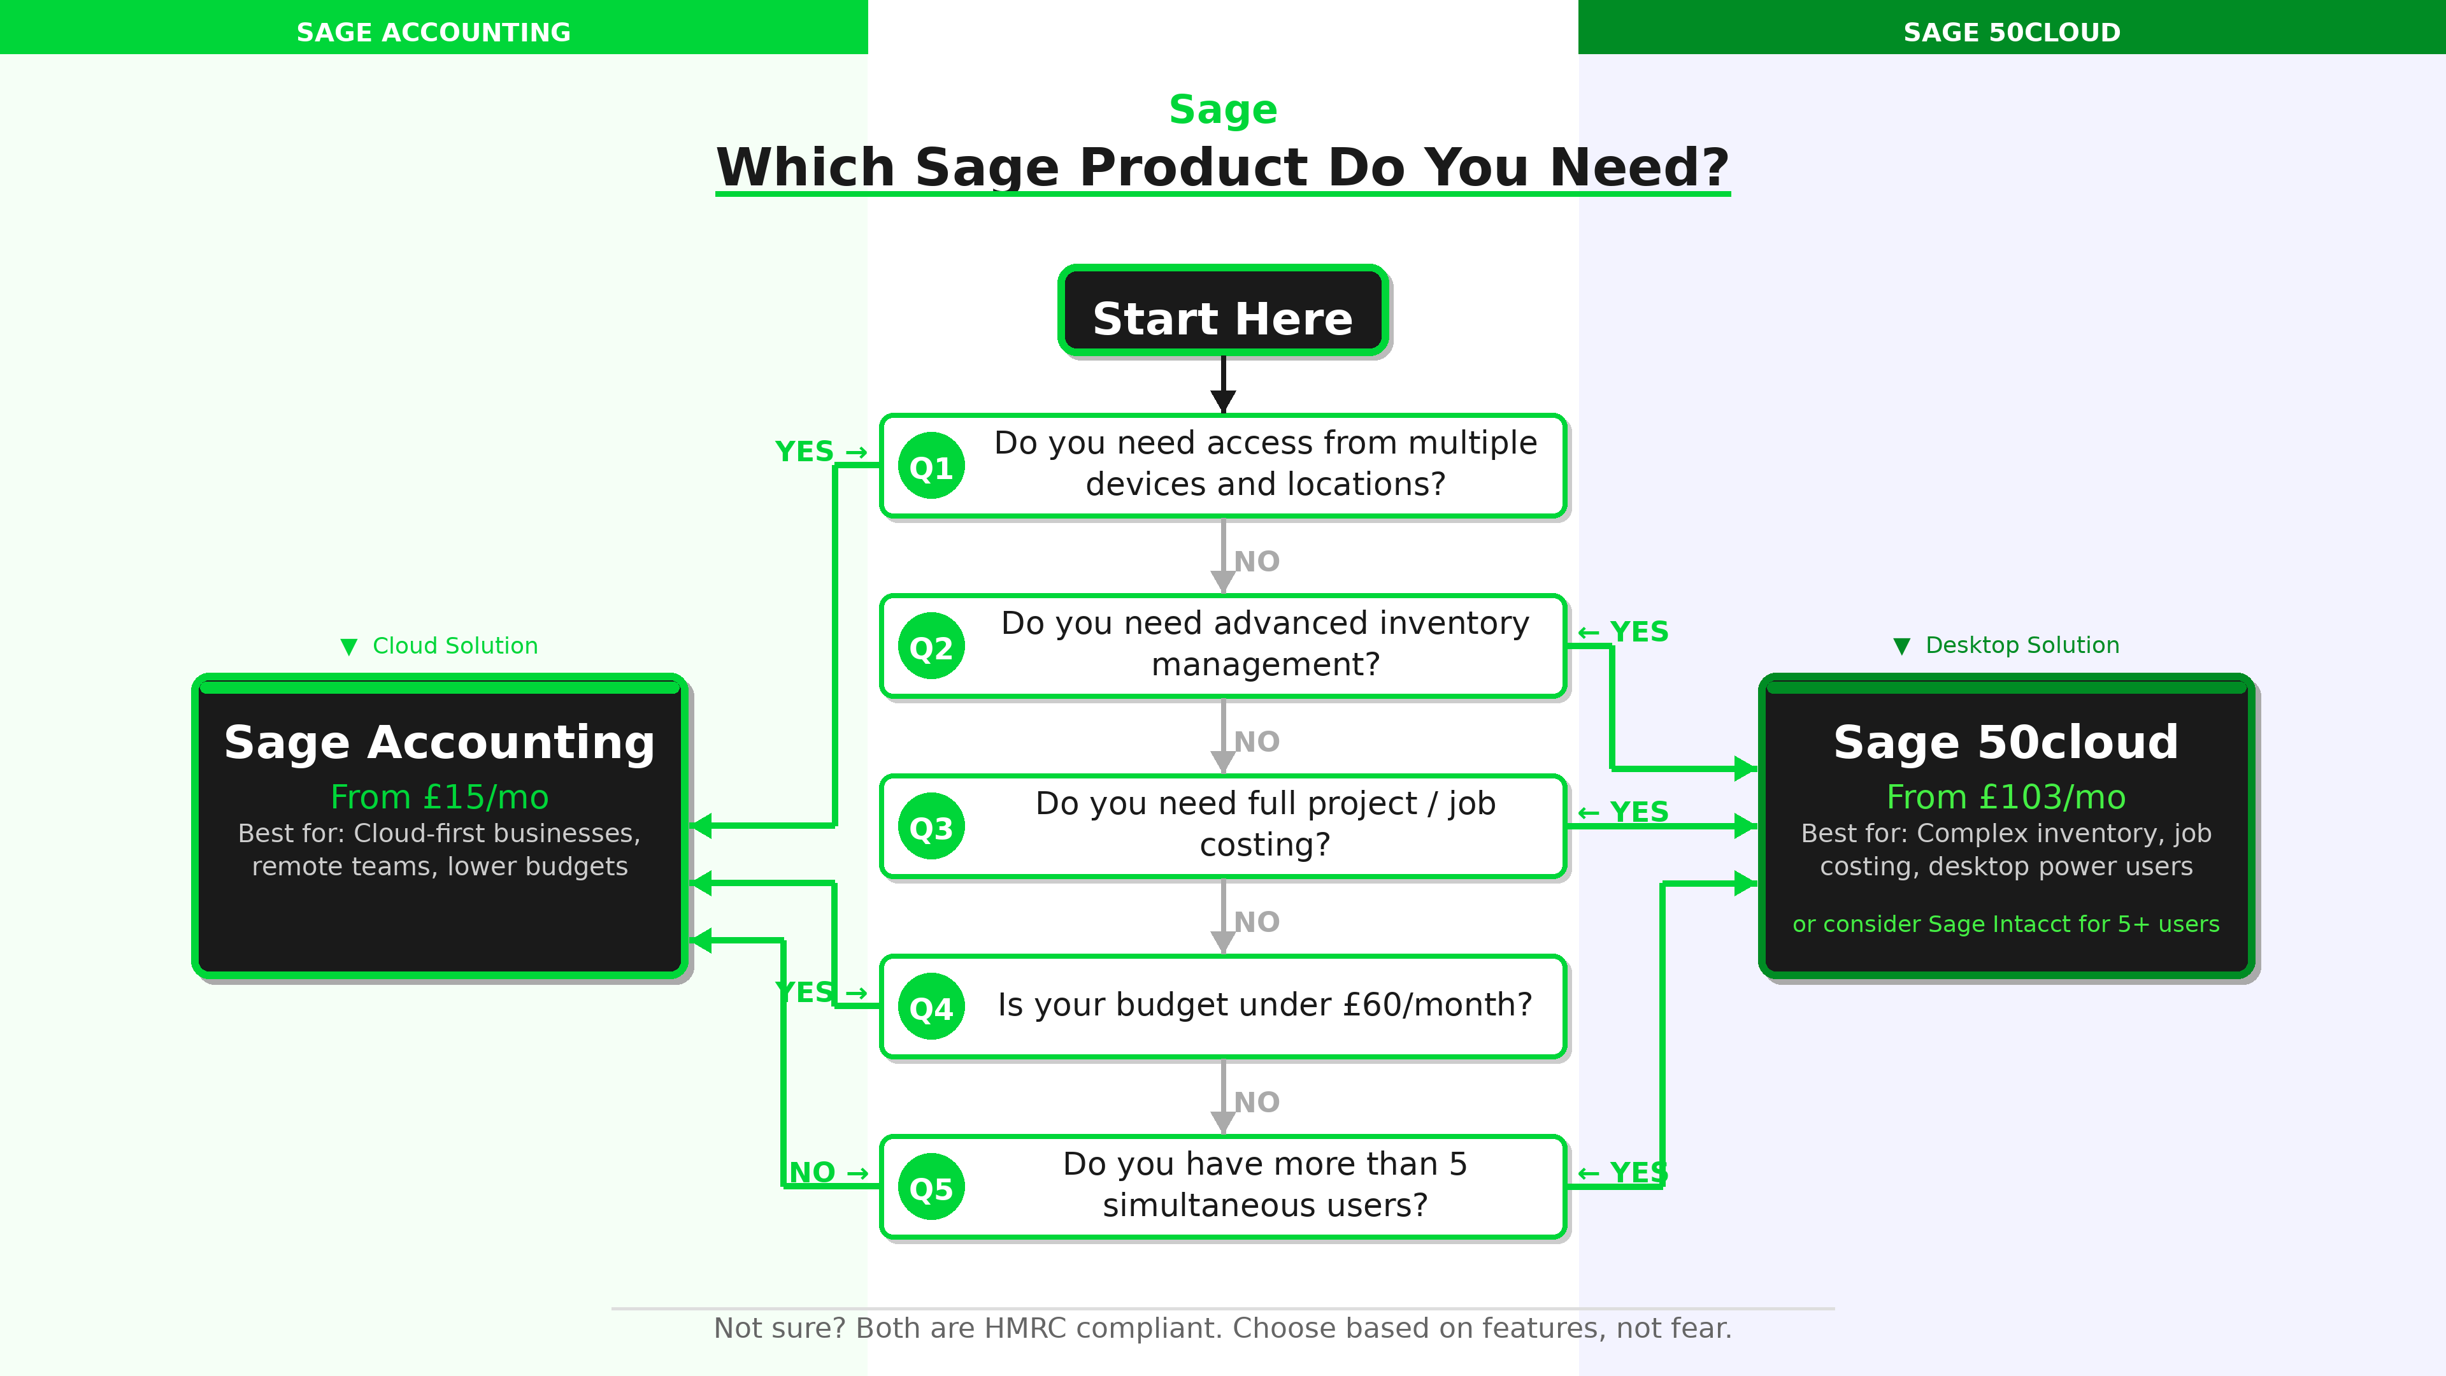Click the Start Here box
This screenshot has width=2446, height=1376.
click(x=1223, y=312)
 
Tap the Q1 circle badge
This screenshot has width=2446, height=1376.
click(x=931, y=466)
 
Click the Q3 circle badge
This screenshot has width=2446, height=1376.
click(x=931, y=827)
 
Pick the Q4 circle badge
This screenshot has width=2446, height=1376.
click(x=931, y=1008)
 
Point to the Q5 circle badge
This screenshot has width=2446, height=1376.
click(x=931, y=1188)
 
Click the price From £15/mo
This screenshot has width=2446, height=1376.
click(x=439, y=797)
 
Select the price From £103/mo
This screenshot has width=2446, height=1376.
click(x=2005, y=797)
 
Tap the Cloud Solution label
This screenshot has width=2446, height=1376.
click(x=454, y=646)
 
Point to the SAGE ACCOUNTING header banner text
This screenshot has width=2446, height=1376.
click(x=433, y=32)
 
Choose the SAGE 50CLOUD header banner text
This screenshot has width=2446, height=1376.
click(x=2011, y=32)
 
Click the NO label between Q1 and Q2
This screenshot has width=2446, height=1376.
click(x=1256, y=561)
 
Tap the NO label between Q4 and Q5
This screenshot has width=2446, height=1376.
click(x=1256, y=1101)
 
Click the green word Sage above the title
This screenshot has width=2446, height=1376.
click(x=1223, y=109)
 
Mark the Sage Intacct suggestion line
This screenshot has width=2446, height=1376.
click(x=2005, y=924)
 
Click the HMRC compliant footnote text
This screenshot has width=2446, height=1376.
click(x=1223, y=1328)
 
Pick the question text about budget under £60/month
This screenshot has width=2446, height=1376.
click(x=1265, y=1005)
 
